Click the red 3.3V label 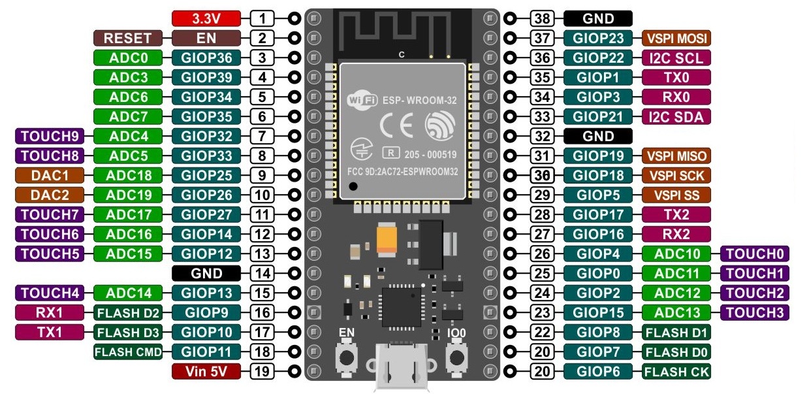(206, 18)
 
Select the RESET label (127, 38)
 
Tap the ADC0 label (127, 57)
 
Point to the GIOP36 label (206, 57)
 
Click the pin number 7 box (262, 136)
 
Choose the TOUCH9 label (50, 136)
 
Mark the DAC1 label (50, 175)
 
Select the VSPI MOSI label (676, 38)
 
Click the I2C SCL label (676, 57)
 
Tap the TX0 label (676, 77)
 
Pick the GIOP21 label (597, 116)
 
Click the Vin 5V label (206, 371)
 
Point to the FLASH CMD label (127, 352)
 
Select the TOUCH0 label (755, 254)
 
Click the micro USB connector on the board (402, 366)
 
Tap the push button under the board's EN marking (347, 357)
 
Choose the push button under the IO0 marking (457, 357)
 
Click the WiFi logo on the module (362, 100)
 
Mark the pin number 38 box (542, 18)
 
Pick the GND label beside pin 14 (206, 273)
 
